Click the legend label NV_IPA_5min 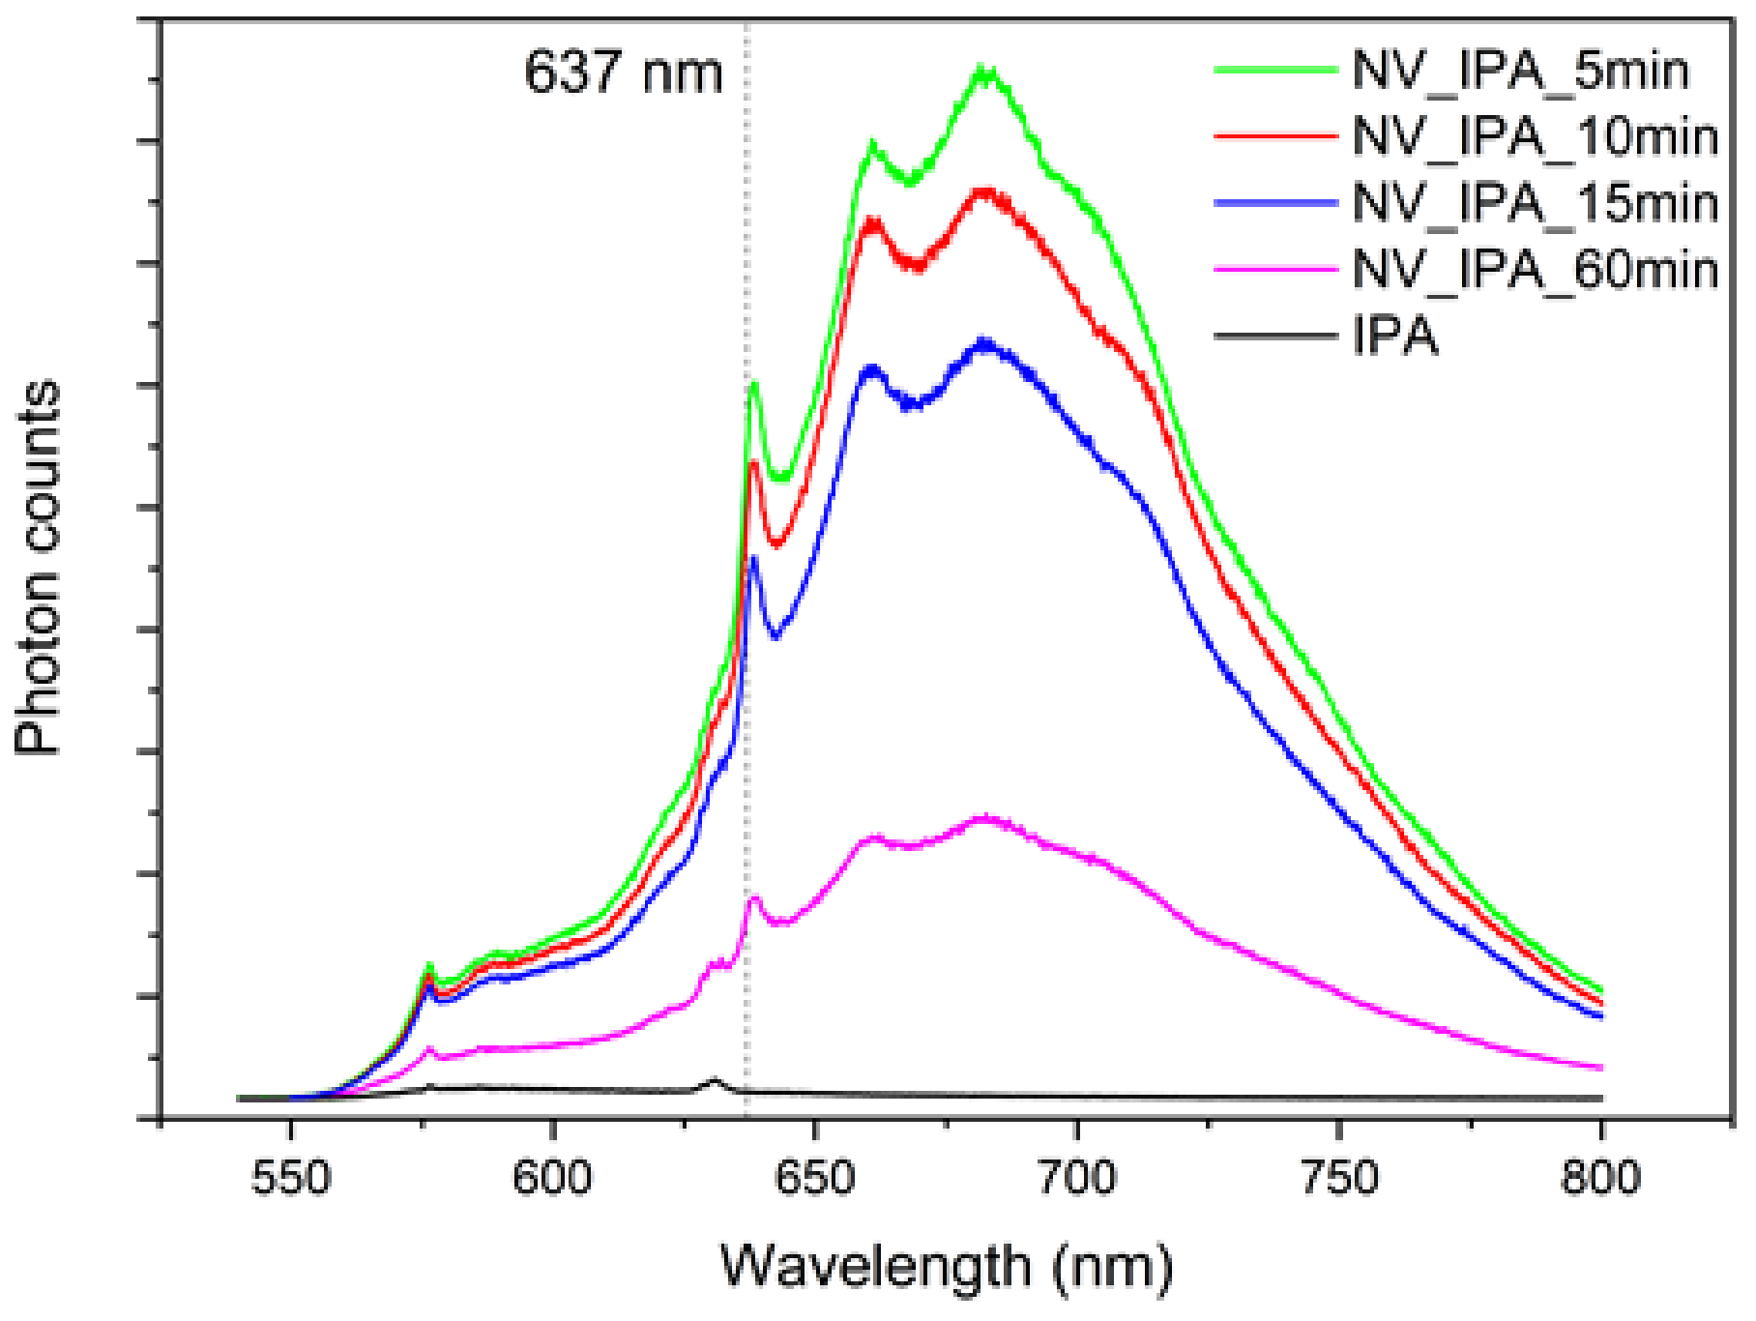tap(1520, 72)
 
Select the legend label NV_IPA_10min tap(1536, 137)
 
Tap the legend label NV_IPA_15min tap(1536, 204)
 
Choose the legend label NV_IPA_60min tap(1536, 270)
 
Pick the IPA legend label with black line tap(1395, 338)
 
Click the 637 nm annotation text tap(624, 73)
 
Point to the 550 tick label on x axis tap(290, 1178)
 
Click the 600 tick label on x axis tap(552, 1178)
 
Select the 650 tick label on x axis tap(815, 1178)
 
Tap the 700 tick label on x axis tap(1076, 1178)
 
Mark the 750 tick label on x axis tap(1339, 1178)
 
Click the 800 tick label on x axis tap(1600, 1178)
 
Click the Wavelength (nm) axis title tap(947, 1266)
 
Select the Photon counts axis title tap(39, 568)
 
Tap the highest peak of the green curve tap(983, 72)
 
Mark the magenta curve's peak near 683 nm tap(985, 818)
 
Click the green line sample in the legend tap(1275, 70)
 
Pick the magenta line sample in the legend tap(1275, 269)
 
